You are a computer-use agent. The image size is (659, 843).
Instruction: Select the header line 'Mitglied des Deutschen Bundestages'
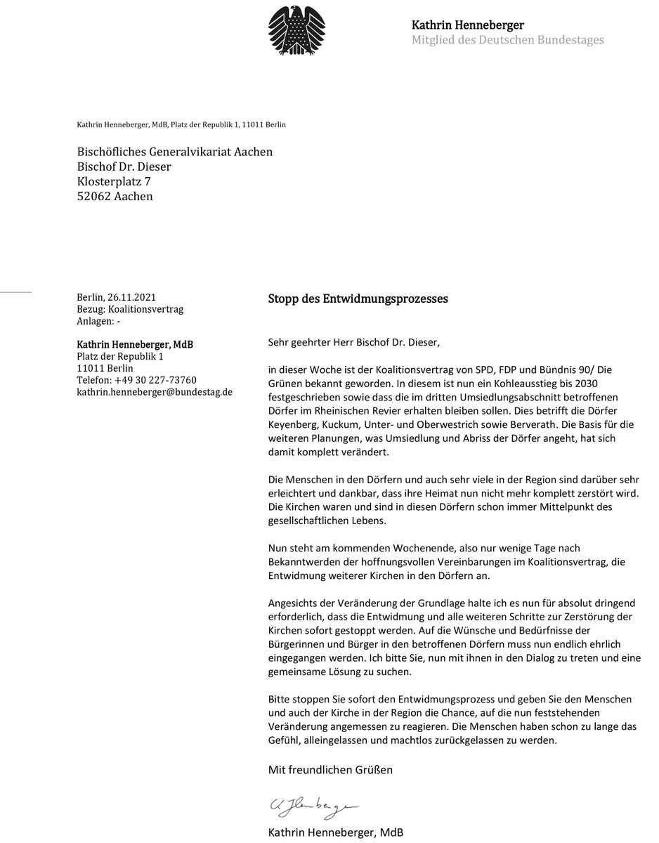[507, 40]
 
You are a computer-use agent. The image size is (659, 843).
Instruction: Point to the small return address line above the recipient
[181, 124]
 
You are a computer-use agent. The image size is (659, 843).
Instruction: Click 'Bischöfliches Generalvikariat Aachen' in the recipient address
[174, 152]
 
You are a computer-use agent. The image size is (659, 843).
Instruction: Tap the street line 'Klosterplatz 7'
[113, 181]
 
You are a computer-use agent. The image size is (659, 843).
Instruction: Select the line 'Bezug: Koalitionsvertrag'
[129, 310]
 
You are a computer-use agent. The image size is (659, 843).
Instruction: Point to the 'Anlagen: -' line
[98, 322]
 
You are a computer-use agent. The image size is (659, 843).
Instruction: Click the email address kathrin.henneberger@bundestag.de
[154, 391]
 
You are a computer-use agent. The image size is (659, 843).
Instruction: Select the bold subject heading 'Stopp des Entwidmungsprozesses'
[358, 299]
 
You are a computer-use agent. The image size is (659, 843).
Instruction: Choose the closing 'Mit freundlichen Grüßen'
[330, 770]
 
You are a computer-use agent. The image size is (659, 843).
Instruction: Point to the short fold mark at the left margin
[16, 290]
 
